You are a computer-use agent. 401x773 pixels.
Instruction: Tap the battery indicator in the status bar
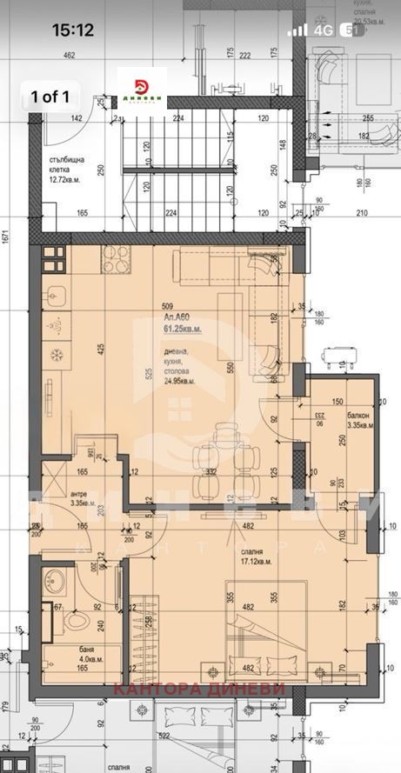[x=354, y=30]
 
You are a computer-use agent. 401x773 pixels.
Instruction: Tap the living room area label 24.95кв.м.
[x=180, y=380]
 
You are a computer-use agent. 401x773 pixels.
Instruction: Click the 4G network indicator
[x=325, y=30]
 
